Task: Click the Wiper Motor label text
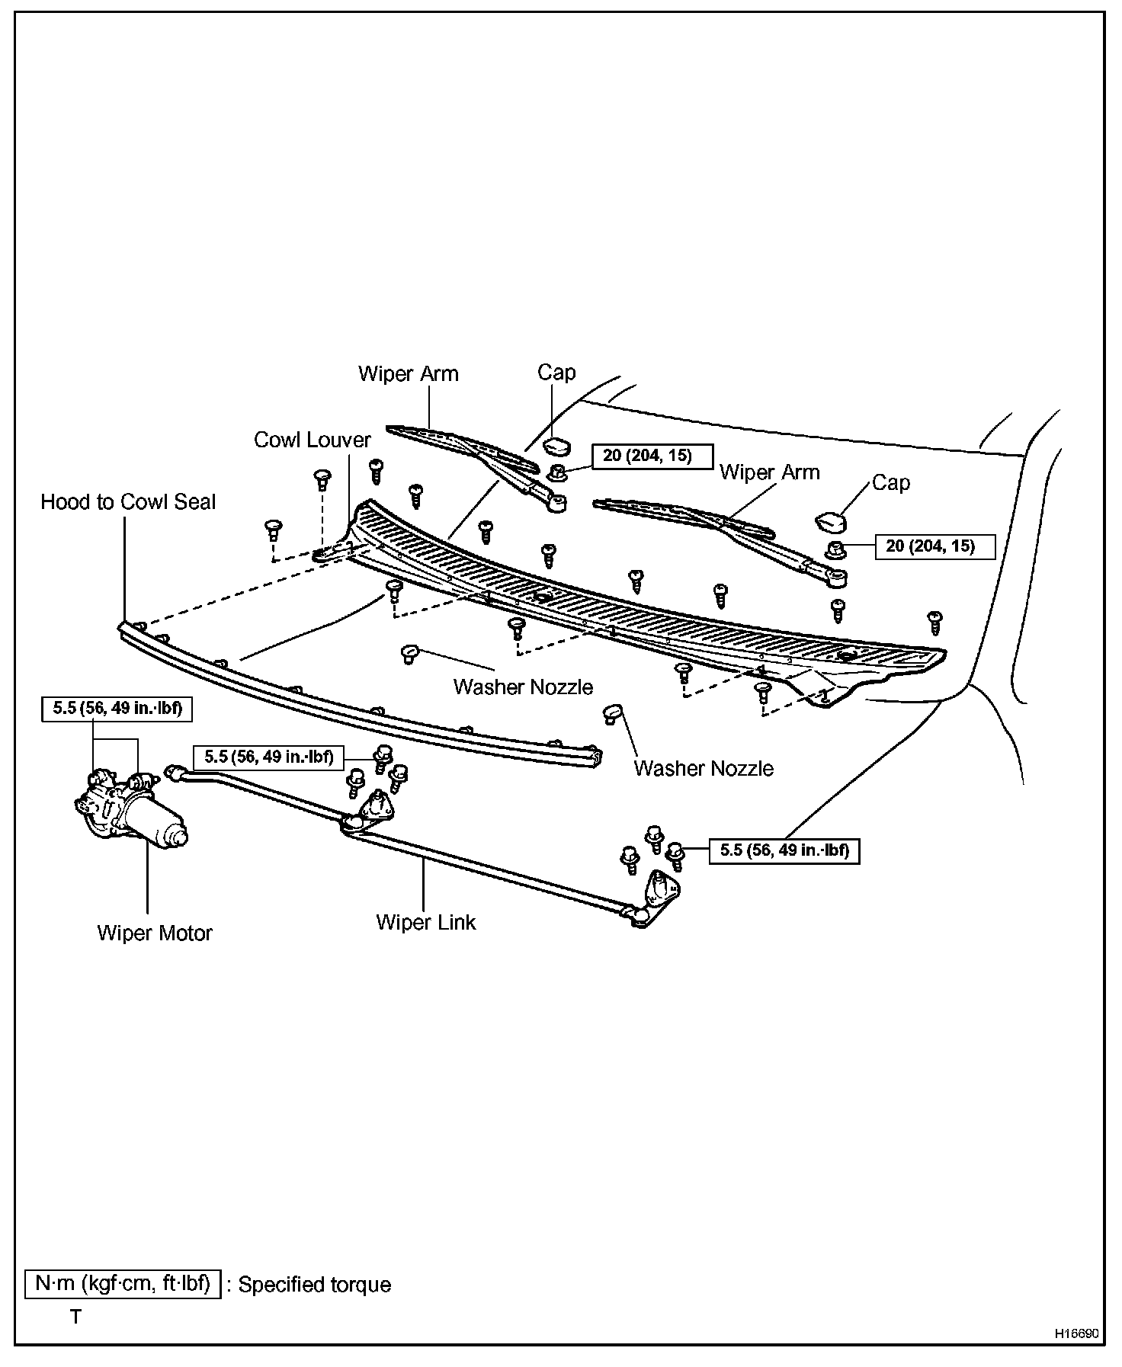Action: [x=155, y=933]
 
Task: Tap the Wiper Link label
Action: [x=425, y=922]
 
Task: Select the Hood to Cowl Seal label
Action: [x=128, y=502]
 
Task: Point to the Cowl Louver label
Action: [x=312, y=440]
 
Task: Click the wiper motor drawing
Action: [x=130, y=815]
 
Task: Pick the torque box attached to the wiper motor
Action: [x=117, y=709]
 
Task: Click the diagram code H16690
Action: [x=1076, y=1334]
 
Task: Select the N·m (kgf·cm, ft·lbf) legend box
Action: [x=123, y=1284]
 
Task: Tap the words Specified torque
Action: [x=315, y=1285]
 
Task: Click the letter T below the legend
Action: [x=75, y=1317]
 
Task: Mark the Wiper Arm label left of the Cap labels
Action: [x=409, y=374]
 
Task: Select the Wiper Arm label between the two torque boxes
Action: [x=769, y=472]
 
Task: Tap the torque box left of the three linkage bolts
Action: [x=268, y=757]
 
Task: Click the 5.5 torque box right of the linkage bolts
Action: [x=784, y=850]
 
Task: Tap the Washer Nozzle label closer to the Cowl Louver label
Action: [x=523, y=687]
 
